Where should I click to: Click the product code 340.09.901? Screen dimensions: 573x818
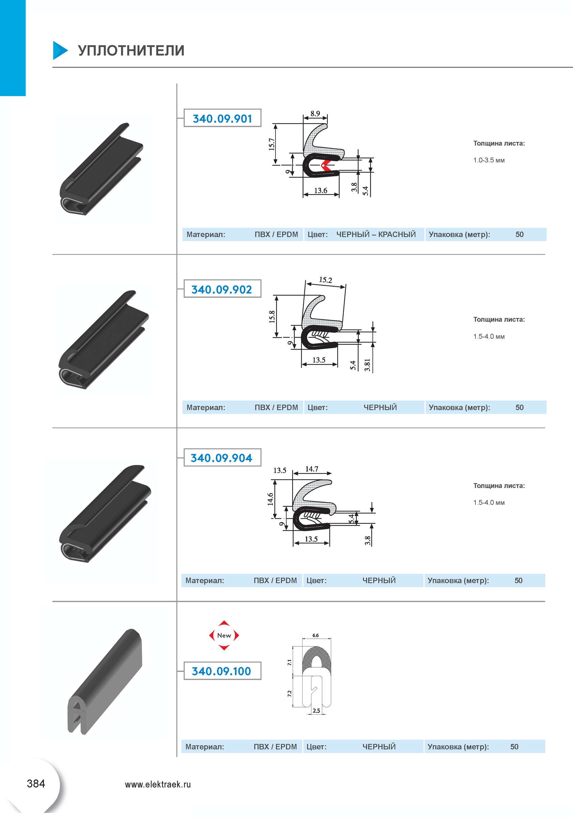point(222,119)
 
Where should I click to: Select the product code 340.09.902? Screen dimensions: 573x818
point(221,290)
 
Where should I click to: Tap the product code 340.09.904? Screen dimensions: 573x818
point(221,458)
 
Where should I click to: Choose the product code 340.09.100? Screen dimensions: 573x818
point(221,671)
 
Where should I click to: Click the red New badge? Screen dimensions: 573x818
point(224,635)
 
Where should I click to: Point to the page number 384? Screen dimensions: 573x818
point(36,784)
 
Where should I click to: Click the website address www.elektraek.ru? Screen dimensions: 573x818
point(158,784)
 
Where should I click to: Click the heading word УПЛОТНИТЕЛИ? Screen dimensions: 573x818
point(131,50)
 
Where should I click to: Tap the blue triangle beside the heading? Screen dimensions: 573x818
point(60,50)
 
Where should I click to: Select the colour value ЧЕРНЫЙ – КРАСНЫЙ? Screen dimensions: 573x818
point(376,234)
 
